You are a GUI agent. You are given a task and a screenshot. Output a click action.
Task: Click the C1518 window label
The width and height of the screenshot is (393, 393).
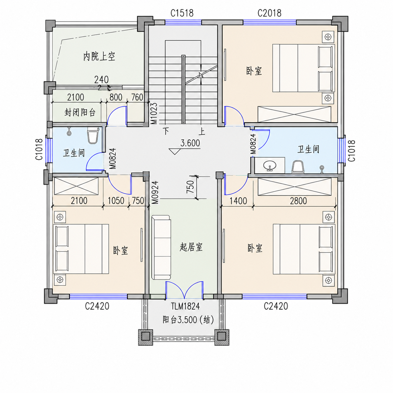tap(182, 13)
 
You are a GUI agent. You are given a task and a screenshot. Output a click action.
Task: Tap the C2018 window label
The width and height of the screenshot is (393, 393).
tap(269, 13)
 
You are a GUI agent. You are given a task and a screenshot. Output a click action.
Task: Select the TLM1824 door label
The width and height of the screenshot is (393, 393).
tap(185, 306)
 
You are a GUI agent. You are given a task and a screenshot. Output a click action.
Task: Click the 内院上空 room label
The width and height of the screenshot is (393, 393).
tap(99, 56)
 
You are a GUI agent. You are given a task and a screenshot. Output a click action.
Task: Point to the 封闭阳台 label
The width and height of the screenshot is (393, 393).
tap(80, 112)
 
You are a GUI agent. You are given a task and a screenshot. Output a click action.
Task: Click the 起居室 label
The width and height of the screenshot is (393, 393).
tap(191, 247)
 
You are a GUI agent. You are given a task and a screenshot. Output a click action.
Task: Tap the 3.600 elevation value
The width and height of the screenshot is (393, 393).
tap(190, 143)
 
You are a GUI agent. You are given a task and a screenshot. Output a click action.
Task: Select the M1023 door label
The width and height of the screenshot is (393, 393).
tap(154, 113)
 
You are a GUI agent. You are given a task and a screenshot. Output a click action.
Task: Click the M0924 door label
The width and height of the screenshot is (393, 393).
tap(155, 192)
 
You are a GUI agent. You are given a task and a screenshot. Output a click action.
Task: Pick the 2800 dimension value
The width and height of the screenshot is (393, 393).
tap(298, 201)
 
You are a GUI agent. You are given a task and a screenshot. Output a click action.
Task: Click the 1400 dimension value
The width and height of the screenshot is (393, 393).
tap(238, 201)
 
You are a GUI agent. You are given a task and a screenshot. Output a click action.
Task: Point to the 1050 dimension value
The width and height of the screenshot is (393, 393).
tap(116, 201)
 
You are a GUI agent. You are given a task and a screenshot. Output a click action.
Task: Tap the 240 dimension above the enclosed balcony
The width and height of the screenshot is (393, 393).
tap(101, 80)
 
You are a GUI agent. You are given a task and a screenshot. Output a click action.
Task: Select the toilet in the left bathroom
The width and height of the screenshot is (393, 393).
tap(92, 135)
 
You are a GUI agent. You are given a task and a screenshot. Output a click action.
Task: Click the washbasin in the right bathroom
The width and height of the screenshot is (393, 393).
tap(270, 165)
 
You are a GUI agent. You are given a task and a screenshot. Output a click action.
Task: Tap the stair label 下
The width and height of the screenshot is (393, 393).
tap(166, 131)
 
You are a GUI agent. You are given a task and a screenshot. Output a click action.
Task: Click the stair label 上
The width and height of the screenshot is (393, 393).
tap(202, 131)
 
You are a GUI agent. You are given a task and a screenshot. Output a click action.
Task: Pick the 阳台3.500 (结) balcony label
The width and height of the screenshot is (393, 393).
tap(188, 320)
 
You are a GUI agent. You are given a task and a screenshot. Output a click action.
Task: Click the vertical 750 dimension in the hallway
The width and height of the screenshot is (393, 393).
tap(190, 187)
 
